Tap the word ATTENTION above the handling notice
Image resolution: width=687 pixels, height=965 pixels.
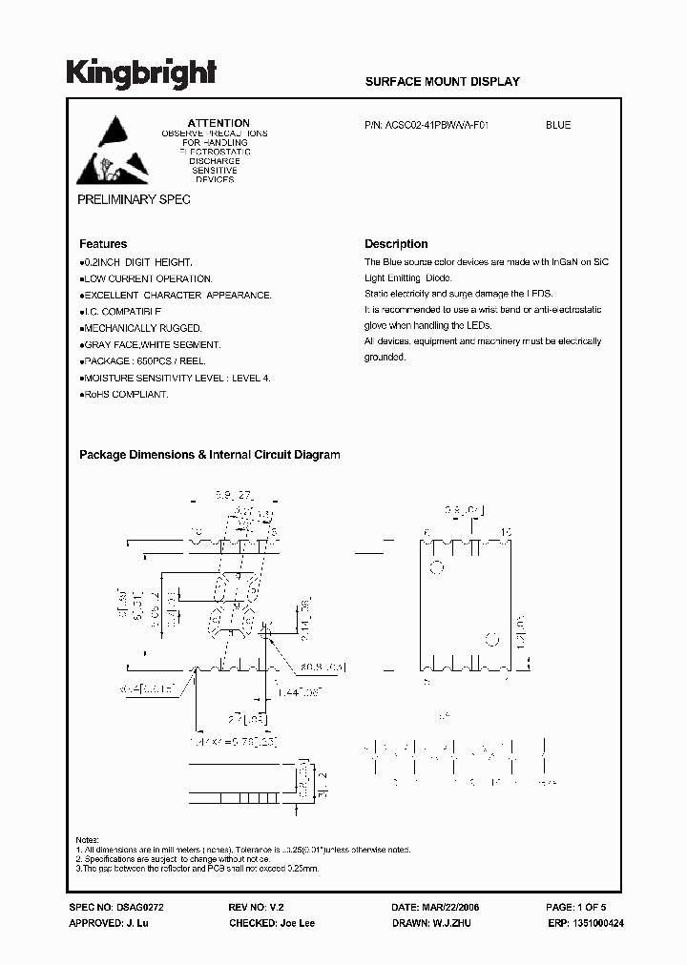[219, 123]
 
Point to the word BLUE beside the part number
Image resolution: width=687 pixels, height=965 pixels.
[558, 125]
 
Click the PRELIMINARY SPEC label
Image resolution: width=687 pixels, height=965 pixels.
[133, 199]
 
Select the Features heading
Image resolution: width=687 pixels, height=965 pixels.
[103, 244]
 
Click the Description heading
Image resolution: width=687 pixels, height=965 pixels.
[396, 244]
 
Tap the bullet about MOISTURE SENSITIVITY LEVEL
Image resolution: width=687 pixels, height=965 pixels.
[176, 379]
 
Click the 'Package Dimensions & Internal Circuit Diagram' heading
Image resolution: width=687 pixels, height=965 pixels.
[209, 455]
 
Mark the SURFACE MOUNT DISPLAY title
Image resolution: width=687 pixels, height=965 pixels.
[442, 82]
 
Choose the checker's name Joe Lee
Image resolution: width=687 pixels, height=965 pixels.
[295, 923]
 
